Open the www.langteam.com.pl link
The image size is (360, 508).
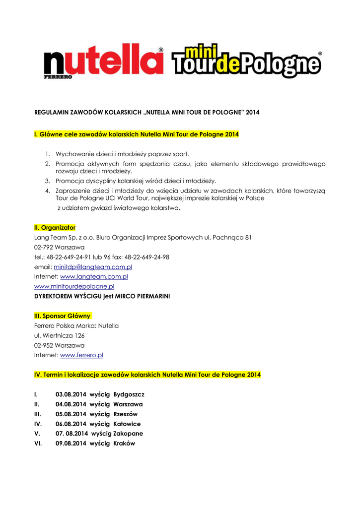point(94,276)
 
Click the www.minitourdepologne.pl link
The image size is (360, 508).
point(74,286)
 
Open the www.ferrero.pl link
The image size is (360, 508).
point(81,355)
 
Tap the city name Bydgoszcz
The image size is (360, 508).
point(129,394)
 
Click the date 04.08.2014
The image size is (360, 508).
point(71,404)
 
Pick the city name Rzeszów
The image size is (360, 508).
point(126,414)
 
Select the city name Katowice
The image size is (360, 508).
point(127,424)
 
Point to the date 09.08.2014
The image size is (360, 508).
point(71,444)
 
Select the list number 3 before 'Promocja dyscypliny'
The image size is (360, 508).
point(48,181)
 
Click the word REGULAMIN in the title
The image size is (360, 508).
point(52,113)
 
